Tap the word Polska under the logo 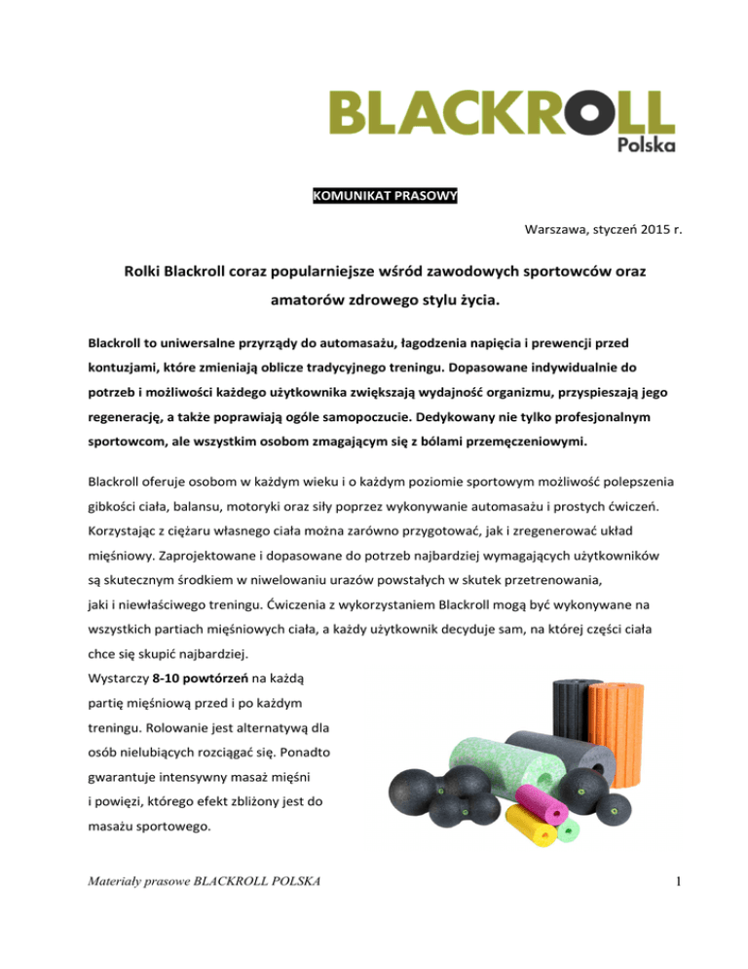pyautogui.click(x=648, y=144)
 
